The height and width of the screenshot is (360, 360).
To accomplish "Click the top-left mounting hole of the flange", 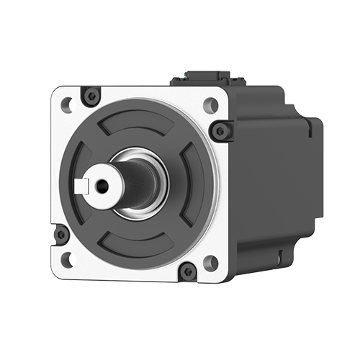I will pyautogui.click(x=67, y=104).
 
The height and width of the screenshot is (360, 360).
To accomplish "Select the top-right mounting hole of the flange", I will pyautogui.click(x=210, y=104).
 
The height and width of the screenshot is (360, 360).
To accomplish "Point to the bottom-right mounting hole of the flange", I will pyautogui.click(x=210, y=263).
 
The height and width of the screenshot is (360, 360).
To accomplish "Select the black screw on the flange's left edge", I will pyautogui.click(x=61, y=233).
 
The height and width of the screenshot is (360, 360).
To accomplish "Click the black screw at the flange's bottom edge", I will pyautogui.click(x=187, y=271).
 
